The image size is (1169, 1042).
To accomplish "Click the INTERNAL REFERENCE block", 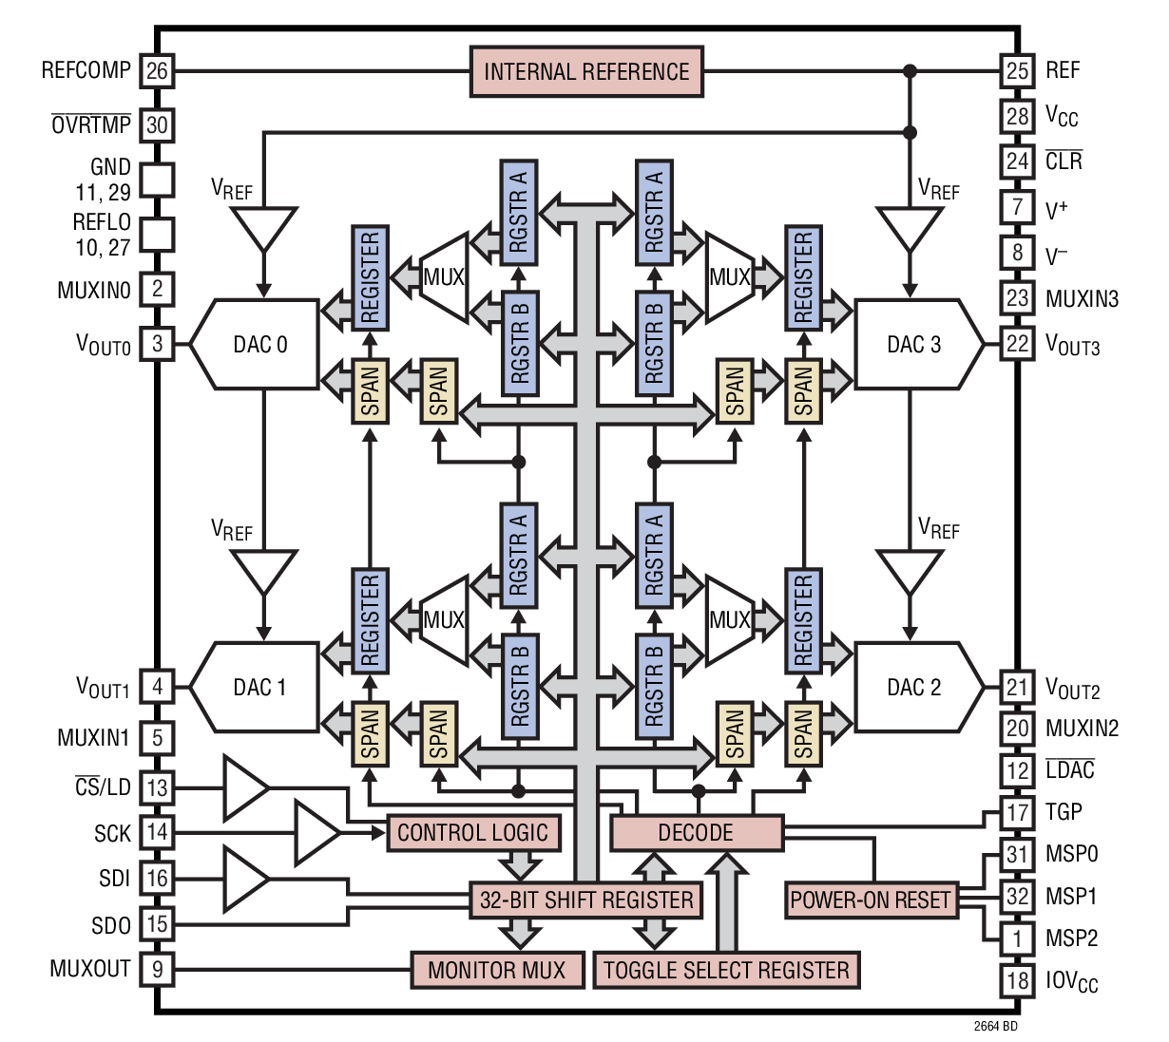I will tap(586, 72).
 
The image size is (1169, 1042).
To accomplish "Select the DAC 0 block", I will tap(259, 344).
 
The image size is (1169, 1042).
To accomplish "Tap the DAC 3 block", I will tap(915, 344).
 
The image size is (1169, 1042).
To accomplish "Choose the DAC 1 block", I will tap(259, 687).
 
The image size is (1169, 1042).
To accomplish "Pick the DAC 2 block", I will tap(915, 687).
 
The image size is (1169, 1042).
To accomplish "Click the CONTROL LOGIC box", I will tap(472, 833).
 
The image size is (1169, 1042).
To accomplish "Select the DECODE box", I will tap(696, 833).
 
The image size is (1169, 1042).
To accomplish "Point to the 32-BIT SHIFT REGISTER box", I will tap(586, 900).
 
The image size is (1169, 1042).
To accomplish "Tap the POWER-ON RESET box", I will tap(870, 900).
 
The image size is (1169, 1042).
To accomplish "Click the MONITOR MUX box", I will tap(496, 970).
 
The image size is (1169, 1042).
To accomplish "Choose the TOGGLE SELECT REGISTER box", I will tap(726, 970).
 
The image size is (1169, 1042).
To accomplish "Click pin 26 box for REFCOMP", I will tap(158, 70).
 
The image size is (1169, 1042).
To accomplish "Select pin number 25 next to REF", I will tap(1017, 70).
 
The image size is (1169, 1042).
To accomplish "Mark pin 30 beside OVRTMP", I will tap(158, 124).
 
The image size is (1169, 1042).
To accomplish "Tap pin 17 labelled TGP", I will tap(1017, 813).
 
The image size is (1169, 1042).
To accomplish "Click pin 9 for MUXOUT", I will tap(158, 970).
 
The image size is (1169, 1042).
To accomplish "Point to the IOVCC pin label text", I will tap(1071, 981).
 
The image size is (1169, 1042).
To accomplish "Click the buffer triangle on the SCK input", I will tap(314, 833).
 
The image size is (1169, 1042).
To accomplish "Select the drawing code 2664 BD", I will tap(995, 1027).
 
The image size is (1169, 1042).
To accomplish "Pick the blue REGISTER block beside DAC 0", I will tap(370, 277).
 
